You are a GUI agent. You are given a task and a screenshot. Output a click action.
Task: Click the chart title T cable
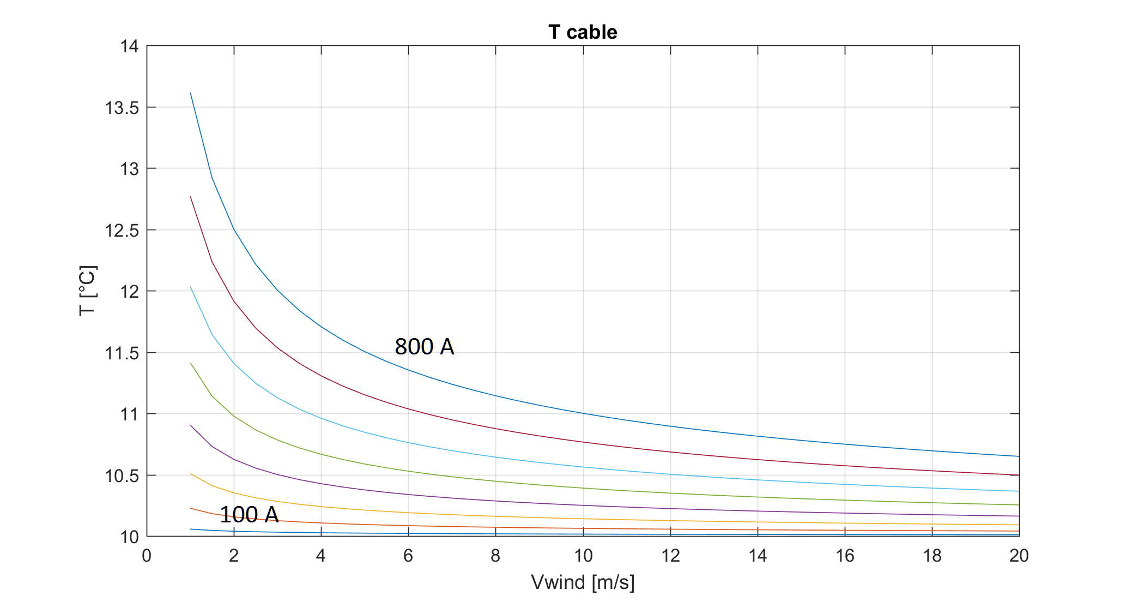coord(583,32)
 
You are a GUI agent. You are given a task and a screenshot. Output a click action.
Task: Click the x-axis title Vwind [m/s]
coord(583,582)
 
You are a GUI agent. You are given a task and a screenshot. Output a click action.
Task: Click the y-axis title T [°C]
coord(87,291)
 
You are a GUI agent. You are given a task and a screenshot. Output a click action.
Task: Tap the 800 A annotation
coord(424,347)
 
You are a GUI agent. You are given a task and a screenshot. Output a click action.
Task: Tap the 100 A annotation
coord(249,515)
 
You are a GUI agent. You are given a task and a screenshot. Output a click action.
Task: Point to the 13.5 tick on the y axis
coord(122,108)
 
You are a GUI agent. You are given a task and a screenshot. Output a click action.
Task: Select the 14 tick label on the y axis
coord(130,47)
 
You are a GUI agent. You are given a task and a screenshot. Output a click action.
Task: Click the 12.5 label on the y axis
coord(122,231)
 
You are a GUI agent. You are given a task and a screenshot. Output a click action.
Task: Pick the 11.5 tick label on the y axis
coord(122,353)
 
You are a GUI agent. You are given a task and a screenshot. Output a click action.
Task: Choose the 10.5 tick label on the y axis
coord(122,476)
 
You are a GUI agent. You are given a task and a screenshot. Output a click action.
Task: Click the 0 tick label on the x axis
coord(147,556)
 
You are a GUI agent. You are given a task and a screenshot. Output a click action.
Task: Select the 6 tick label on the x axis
coord(408,556)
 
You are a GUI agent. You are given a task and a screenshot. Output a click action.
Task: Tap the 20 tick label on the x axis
coord(1019,556)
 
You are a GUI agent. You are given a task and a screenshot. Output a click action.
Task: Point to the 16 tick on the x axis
coord(845,556)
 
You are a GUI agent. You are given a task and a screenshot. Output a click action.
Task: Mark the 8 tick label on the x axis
coord(495,556)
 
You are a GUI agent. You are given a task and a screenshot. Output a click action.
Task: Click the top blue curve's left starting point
coord(190,93)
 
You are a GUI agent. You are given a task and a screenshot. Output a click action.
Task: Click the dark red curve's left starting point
coord(190,197)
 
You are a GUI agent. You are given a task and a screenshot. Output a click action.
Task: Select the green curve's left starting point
coord(190,363)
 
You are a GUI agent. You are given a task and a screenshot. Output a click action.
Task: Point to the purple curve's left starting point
coord(190,425)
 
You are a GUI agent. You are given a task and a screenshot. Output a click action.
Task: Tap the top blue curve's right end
coord(1019,456)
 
